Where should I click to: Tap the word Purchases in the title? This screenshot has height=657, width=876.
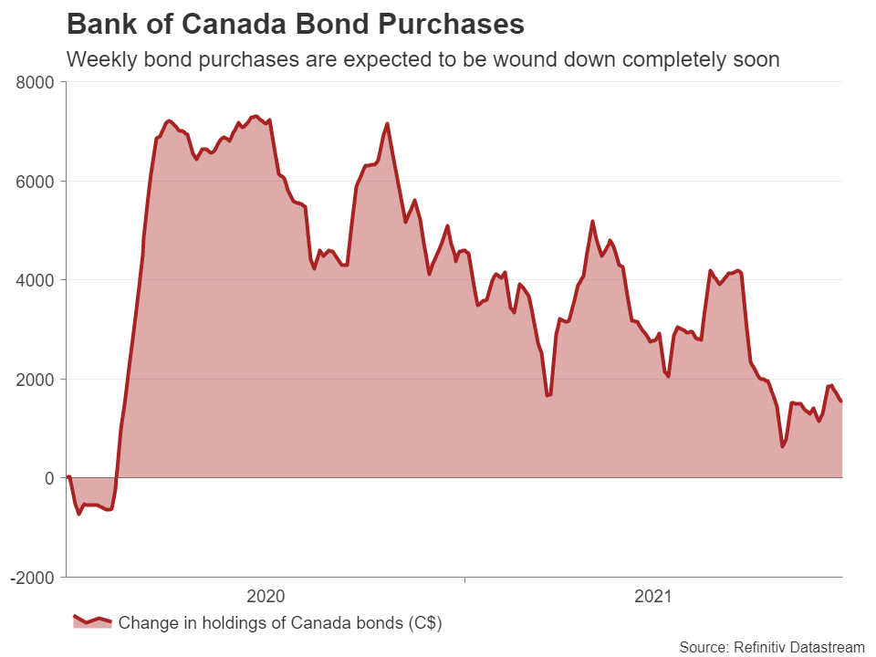coord(449,25)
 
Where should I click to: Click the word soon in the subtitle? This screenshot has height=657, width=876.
coord(756,60)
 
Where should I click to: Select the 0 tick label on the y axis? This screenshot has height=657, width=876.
coord(49,478)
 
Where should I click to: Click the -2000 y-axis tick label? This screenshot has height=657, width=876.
coord(33,577)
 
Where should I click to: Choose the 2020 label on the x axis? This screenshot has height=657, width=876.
coord(266,597)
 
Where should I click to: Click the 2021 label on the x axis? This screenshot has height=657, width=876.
coord(652,597)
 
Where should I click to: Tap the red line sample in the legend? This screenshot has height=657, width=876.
coord(92,620)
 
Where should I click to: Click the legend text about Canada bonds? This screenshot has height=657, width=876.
coord(280,622)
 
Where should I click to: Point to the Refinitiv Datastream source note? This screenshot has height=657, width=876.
coord(771,647)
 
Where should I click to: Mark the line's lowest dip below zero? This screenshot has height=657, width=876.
coord(78,514)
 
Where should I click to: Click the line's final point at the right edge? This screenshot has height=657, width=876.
coord(841,401)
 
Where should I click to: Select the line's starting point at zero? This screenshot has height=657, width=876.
coord(68,477)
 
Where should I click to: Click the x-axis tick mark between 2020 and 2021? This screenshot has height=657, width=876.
coord(464,579)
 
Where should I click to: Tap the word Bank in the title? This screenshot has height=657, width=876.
coord(98,25)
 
